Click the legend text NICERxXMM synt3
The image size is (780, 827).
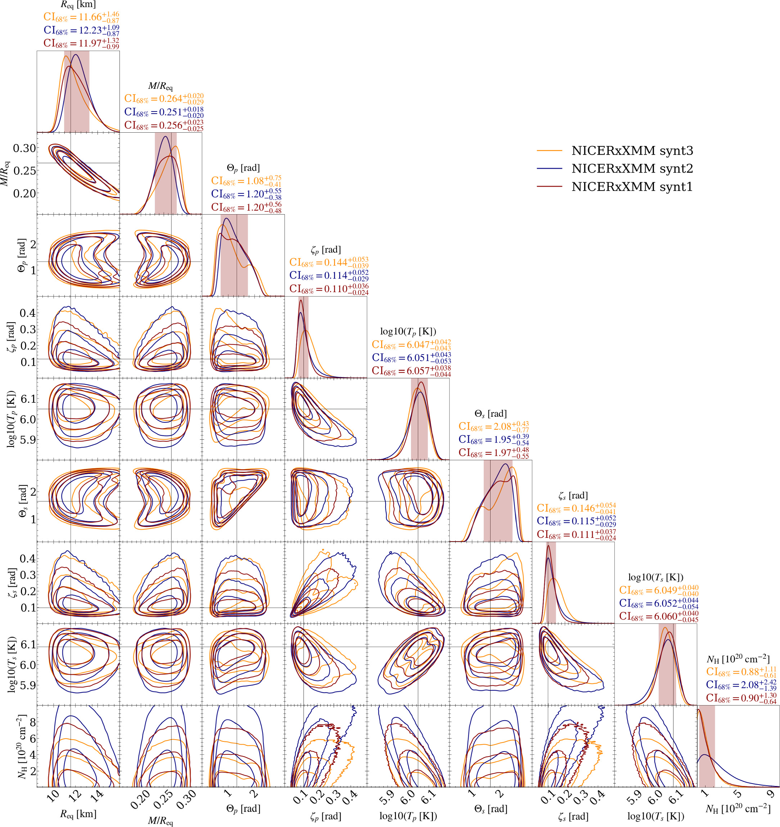pyautogui.click(x=632, y=151)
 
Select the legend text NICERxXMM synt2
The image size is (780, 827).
pyautogui.click(x=632, y=169)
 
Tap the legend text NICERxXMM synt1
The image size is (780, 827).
pyautogui.click(x=632, y=187)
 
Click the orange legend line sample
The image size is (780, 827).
pyautogui.click(x=549, y=151)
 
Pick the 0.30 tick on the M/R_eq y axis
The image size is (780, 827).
pyautogui.click(x=24, y=148)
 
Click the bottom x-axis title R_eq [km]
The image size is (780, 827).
pyautogui.click(x=78, y=814)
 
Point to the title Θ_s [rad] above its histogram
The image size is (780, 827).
pyautogui.click(x=490, y=413)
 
